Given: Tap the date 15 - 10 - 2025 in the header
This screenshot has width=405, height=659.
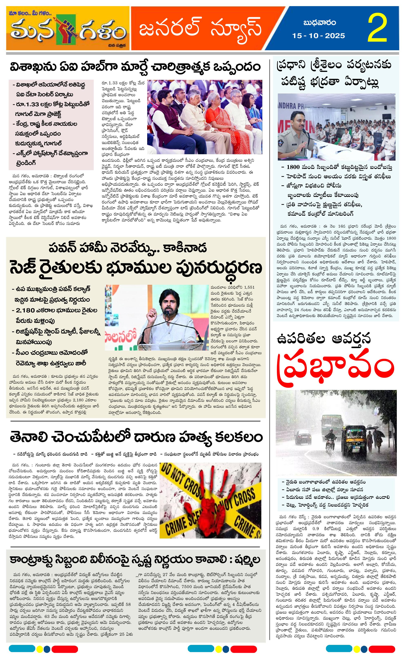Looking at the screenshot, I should click(318, 36).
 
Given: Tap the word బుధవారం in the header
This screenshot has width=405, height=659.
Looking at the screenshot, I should click(319, 23).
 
